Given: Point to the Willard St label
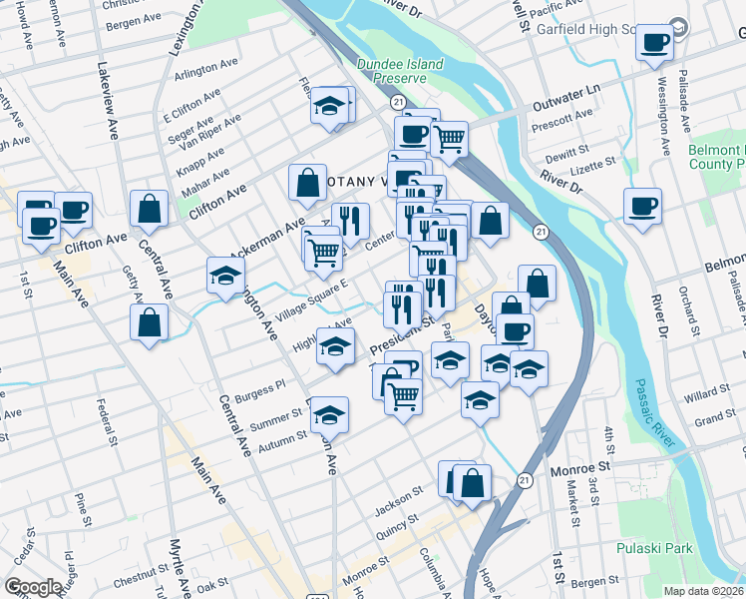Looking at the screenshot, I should pyautogui.click(x=707, y=397).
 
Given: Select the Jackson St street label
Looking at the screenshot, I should pyautogui.click(x=393, y=507).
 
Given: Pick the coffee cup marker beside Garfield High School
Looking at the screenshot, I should pyautogui.click(x=654, y=43).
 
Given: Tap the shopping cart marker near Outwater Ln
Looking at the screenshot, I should pyautogui.click(x=450, y=138).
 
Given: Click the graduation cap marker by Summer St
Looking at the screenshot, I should pyautogui.click(x=329, y=414).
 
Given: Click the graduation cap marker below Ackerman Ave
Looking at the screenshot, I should pyautogui.click(x=226, y=275).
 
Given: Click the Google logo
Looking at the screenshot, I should pyautogui.click(x=33, y=587).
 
